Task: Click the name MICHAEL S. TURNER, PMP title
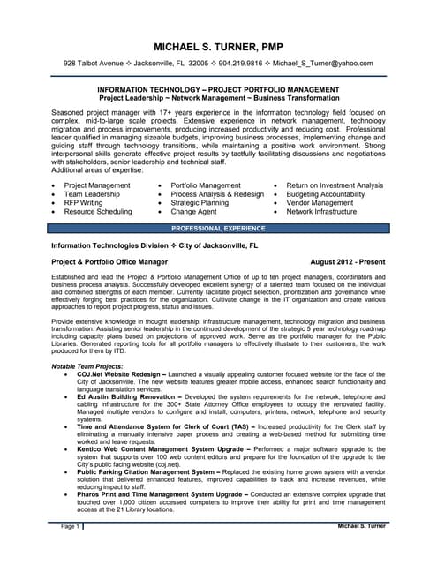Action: [x=219, y=46]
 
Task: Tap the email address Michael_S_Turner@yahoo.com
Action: [x=321, y=64]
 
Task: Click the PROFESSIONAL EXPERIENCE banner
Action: [x=218, y=228]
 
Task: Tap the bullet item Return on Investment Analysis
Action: [x=335, y=185]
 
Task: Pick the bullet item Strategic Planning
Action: [x=200, y=203]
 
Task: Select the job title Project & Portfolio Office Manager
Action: [x=109, y=263]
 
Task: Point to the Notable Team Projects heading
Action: [x=87, y=365]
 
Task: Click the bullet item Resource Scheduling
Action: [x=98, y=213]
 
